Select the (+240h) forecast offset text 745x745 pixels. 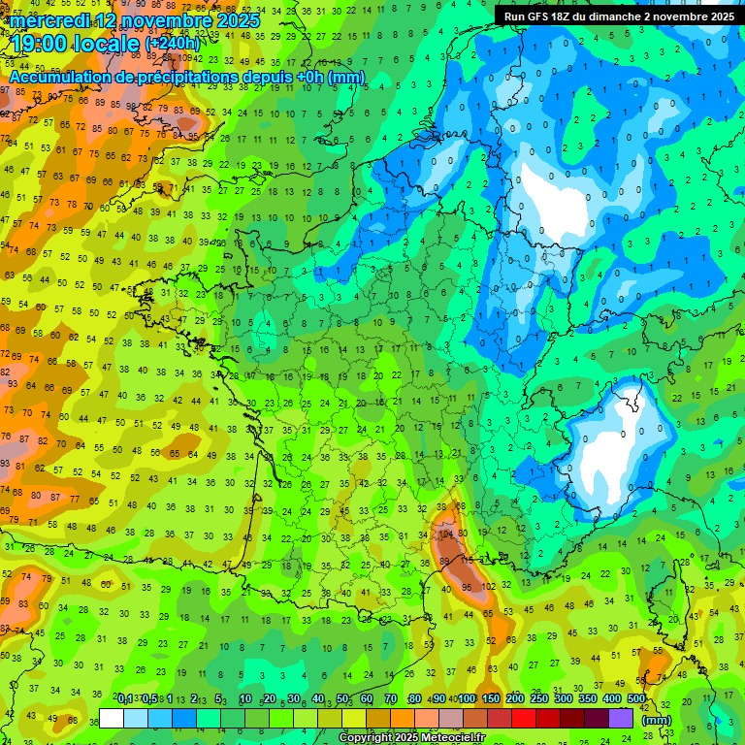pyautogui.click(x=173, y=44)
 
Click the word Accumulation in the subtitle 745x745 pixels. pyautogui.click(x=68, y=77)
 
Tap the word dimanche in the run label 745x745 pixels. pyautogui.click(x=611, y=16)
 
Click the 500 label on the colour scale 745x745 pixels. pyautogui.click(x=636, y=698)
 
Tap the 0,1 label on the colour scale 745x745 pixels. pyautogui.click(x=125, y=698)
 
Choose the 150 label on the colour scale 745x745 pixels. pyautogui.click(x=491, y=698)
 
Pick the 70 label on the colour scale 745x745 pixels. pyautogui.click(x=390, y=698)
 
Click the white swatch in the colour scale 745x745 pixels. pyautogui.click(x=112, y=718)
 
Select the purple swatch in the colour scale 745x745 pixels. pyautogui.click(x=621, y=718)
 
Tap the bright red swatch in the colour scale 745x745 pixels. pyautogui.click(x=524, y=718)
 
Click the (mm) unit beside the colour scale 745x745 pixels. pyautogui.click(x=657, y=720)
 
